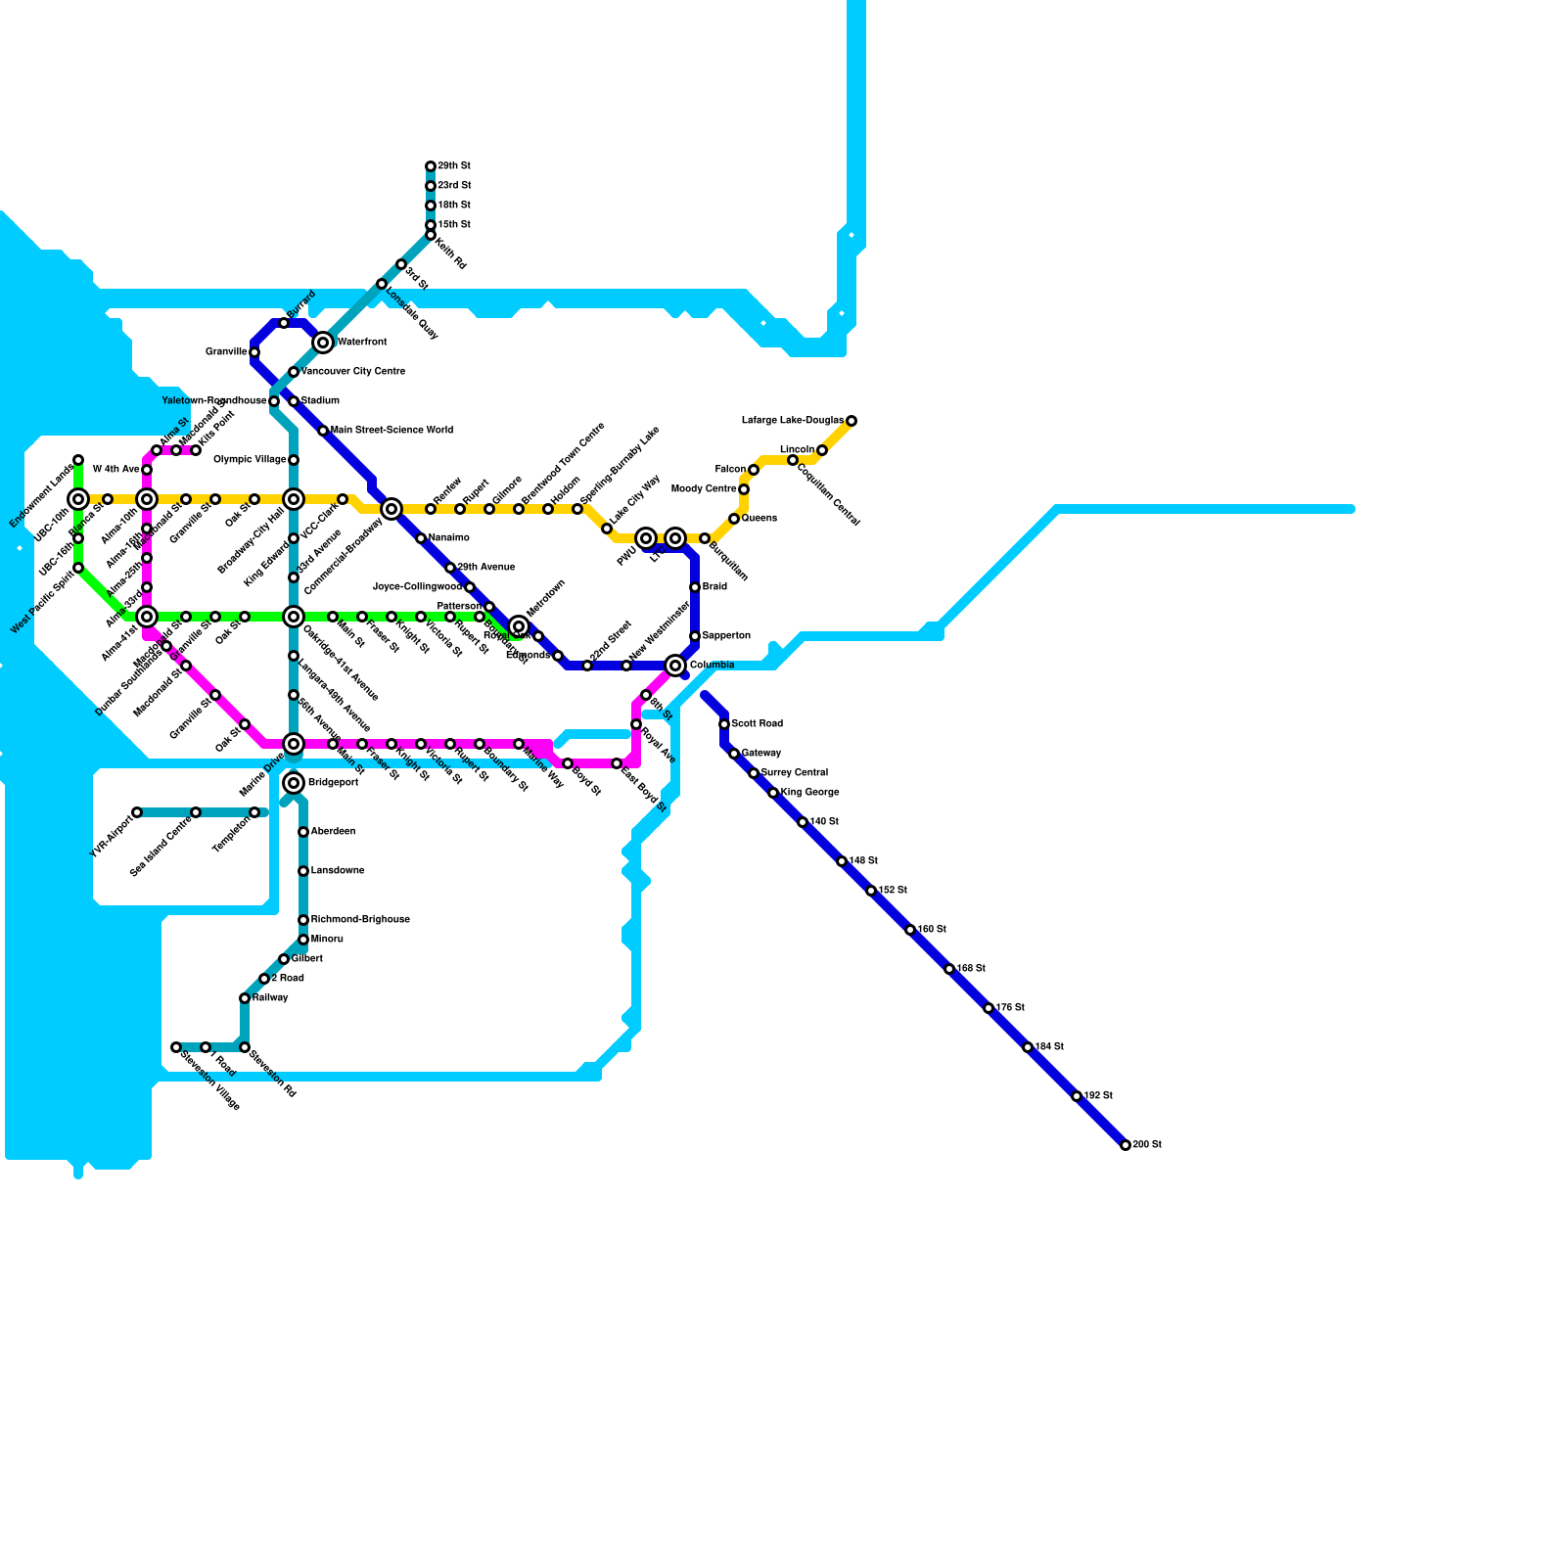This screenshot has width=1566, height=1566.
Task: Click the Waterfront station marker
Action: tap(323, 343)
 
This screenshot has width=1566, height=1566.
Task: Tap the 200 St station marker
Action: tap(1126, 1145)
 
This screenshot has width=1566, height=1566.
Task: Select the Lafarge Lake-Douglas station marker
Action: tap(852, 421)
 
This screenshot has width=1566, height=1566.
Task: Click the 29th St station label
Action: tap(453, 166)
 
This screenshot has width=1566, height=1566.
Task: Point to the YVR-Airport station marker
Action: tap(137, 812)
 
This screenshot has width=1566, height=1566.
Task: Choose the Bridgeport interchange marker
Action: tap(294, 783)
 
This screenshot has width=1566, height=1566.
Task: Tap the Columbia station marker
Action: tap(675, 666)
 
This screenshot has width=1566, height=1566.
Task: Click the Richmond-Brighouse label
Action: tap(360, 920)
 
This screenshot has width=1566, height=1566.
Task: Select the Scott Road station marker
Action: tap(724, 724)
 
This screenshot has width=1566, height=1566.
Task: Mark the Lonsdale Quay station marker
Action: tap(382, 284)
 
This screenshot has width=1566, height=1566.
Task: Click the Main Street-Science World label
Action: tap(391, 431)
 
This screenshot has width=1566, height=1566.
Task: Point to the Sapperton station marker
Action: tap(695, 636)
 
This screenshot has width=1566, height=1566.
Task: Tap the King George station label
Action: tap(809, 793)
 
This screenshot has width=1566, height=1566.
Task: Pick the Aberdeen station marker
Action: tap(303, 832)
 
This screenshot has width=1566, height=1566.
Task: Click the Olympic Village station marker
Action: tap(294, 460)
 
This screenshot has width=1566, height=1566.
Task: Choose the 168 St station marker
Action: tap(949, 969)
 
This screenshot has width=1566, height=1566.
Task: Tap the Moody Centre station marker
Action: tap(744, 489)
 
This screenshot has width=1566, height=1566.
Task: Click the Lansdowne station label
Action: tap(338, 871)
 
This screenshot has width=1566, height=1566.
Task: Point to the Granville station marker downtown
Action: tap(254, 352)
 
